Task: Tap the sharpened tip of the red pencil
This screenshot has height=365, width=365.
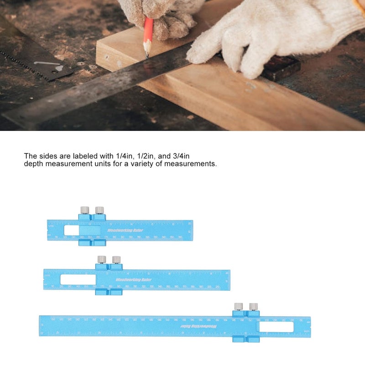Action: [147, 57]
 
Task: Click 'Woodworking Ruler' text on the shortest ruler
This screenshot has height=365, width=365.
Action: [125, 230]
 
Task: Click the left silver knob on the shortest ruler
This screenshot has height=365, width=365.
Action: [84, 210]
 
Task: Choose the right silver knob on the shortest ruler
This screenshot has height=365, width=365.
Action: [99, 210]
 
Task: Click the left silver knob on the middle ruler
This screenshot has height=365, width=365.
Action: [102, 259]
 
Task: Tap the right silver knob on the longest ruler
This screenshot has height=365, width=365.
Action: [253, 306]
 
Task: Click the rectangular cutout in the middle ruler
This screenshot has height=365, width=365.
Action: [78, 280]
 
